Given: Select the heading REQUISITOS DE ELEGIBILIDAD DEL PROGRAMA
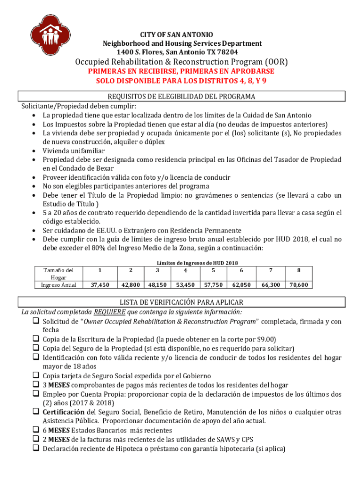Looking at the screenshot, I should click(x=181, y=97).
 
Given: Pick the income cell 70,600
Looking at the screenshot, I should click(x=299, y=285).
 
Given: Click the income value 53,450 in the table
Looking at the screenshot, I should click(x=186, y=285).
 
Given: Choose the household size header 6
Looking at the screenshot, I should click(x=241, y=271).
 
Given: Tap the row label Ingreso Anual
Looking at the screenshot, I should click(x=58, y=285).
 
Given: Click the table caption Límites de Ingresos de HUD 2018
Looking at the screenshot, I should click(x=197, y=263).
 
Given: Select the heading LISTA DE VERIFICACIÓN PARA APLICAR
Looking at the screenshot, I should click(x=181, y=302).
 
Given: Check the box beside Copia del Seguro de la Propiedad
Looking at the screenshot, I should click(x=35, y=348).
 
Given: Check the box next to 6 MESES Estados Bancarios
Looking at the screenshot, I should click(x=35, y=430).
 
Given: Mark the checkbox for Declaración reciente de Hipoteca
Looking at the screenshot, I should click(x=35, y=449).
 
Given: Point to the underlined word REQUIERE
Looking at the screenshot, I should click(x=109, y=312).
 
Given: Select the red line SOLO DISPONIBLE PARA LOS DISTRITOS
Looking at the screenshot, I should click(x=181, y=81).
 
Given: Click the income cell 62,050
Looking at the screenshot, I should click(x=241, y=285).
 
